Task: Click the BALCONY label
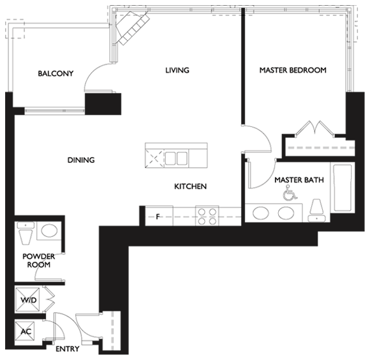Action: [x=56, y=73]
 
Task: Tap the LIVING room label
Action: [x=177, y=70]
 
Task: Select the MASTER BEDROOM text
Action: [x=293, y=70]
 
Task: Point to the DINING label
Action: [x=81, y=160]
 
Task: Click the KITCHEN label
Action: [x=191, y=186]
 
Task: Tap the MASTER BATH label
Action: [x=299, y=180]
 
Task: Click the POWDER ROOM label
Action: [x=39, y=260]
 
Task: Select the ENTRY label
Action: [x=68, y=349]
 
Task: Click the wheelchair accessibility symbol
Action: [x=290, y=193]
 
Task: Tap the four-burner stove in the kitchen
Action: [x=207, y=216]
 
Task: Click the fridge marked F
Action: [x=159, y=216]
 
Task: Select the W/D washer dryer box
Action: [x=27, y=299]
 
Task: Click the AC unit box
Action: [x=24, y=332]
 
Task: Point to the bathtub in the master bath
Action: [x=343, y=188]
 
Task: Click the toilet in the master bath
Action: [x=316, y=211]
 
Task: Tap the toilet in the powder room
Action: [x=26, y=234]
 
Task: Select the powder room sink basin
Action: [x=49, y=230]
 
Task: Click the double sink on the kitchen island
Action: [x=176, y=158]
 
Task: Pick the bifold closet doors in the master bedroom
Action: [x=314, y=129]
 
